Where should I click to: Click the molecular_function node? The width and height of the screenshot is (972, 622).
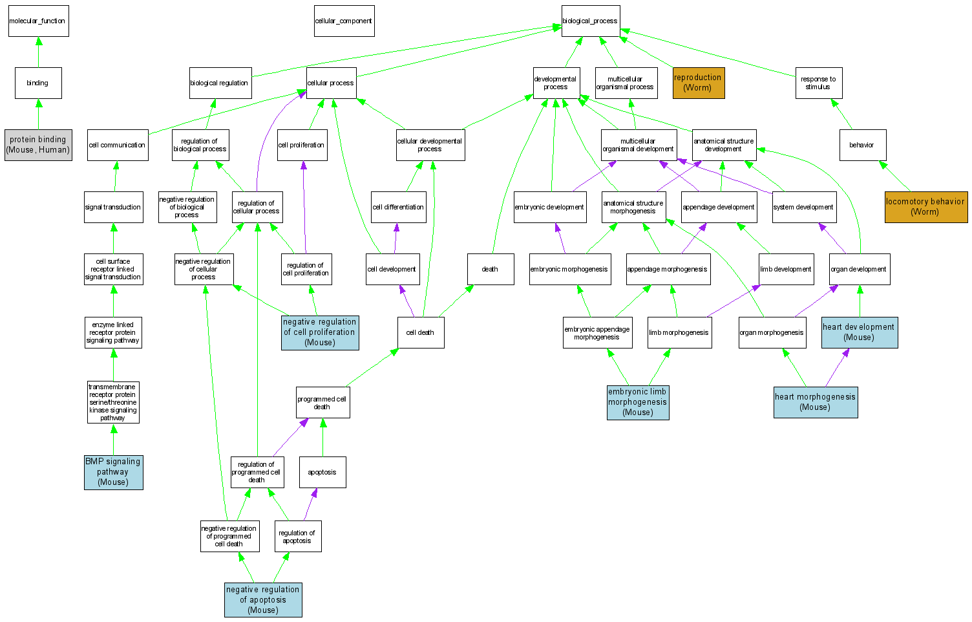[38, 21]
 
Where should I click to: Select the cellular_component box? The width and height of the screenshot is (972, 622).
[344, 21]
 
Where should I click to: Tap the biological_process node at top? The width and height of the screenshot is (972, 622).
[590, 21]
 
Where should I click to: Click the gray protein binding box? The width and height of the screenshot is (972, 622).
[38, 145]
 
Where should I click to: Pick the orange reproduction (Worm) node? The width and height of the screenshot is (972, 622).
[698, 83]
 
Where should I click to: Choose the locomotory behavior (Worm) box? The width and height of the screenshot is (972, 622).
[925, 207]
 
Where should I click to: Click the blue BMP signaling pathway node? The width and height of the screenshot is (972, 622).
[113, 472]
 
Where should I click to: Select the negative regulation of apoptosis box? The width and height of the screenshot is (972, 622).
[263, 600]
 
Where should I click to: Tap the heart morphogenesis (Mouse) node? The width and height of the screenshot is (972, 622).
[816, 402]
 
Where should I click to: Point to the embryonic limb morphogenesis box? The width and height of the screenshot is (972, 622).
[638, 402]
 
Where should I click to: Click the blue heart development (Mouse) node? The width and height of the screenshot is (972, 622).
[859, 332]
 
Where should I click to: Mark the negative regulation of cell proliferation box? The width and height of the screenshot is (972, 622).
[320, 332]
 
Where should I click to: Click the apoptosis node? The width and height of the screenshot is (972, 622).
[322, 473]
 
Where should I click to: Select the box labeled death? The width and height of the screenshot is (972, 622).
[491, 270]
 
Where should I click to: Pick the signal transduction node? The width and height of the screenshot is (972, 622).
[113, 208]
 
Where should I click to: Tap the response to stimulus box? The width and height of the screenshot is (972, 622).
[818, 83]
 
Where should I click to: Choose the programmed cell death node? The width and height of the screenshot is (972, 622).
[322, 403]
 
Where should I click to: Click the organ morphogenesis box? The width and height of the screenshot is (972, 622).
[772, 333]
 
